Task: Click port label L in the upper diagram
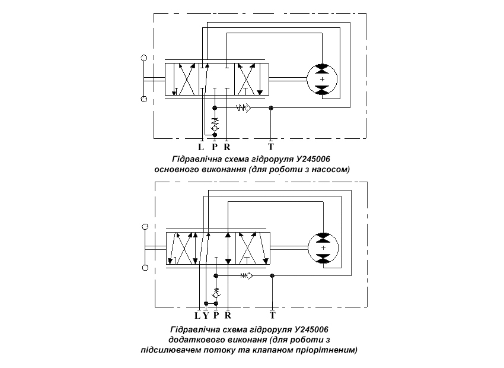201,147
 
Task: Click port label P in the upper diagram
215,147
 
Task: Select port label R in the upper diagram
227,147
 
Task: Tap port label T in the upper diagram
271,147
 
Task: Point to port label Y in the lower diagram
206,316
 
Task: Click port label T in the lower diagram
273,315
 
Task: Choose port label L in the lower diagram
197,316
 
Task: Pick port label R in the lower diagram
228,316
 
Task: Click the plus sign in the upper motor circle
322,79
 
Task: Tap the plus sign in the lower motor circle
323,248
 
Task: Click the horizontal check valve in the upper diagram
243,108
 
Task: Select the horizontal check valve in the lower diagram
247,275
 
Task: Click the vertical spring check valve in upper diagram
215,124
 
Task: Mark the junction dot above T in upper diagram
271,108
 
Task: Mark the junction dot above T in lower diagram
272,275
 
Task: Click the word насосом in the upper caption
334,169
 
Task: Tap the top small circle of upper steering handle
144,58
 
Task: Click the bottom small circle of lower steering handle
145,268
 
